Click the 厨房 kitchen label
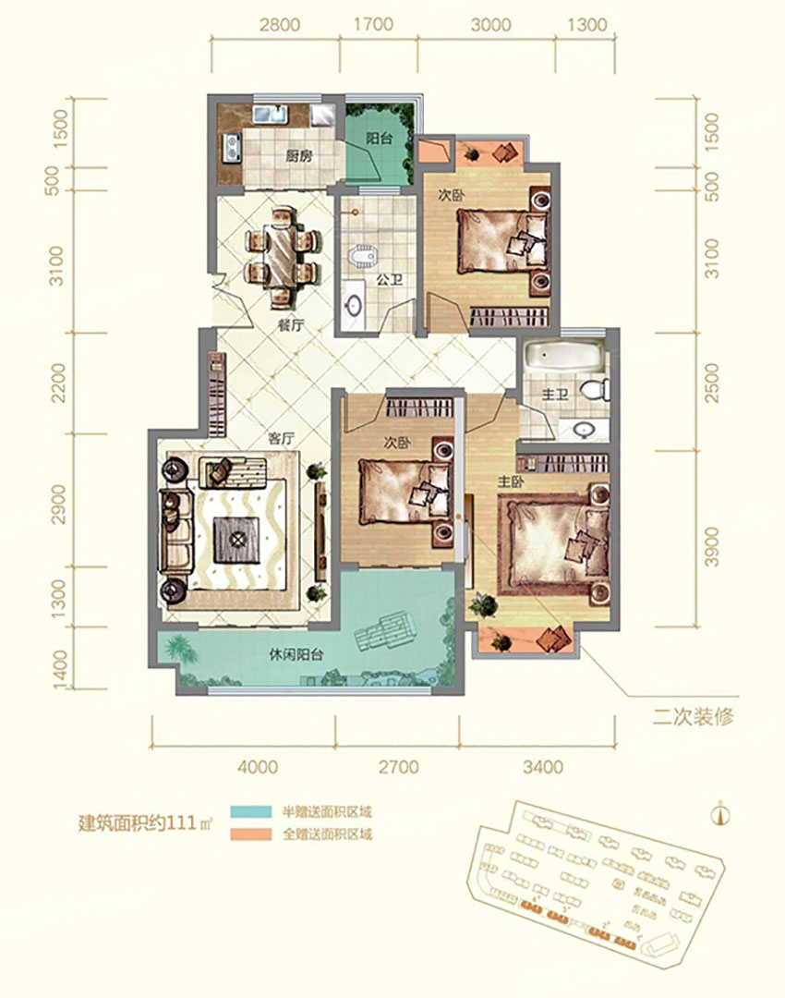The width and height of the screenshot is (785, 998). pyautogui.click(x=297, y=156)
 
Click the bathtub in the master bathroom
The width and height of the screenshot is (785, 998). pyautogui.click(x=562, y=358)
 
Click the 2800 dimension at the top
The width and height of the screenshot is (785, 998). pyautogui.click(x=279, y=25)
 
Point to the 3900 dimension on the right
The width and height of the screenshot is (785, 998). pyautogui.click(x=710, y=553)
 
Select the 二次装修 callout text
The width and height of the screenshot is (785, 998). pyautogui.click(x=694, y=717)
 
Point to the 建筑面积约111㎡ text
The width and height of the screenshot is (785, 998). pyautogui.click(x=144, y=823)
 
